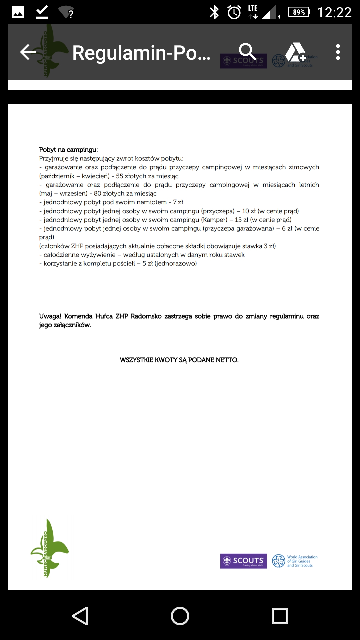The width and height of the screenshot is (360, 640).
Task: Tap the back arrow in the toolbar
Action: click(x=28, y=52)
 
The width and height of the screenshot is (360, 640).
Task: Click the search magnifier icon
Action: click(x=247, y=52)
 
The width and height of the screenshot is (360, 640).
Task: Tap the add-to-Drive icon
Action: click(x=295, y=52)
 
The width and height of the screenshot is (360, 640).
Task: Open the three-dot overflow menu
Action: click(x=338, y=52)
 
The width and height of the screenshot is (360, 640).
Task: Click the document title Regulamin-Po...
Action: click(x=141, y=53)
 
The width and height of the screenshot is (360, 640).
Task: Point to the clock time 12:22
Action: click(x=334, y=13)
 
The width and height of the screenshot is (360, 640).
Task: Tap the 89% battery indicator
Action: click(x=299, y=12)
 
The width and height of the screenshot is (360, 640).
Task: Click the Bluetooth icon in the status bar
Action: click(x=214, y=13)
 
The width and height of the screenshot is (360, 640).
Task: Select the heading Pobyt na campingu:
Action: click(x=68, y=150)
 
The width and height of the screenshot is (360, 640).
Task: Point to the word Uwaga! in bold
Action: click(x=50, y=316)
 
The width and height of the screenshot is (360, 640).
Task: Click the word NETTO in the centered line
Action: click(x=227, y=360)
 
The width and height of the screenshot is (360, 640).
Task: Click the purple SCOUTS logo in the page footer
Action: click(x=243, y=561)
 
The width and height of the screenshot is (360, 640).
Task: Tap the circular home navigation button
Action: click(x=180, y=616)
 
